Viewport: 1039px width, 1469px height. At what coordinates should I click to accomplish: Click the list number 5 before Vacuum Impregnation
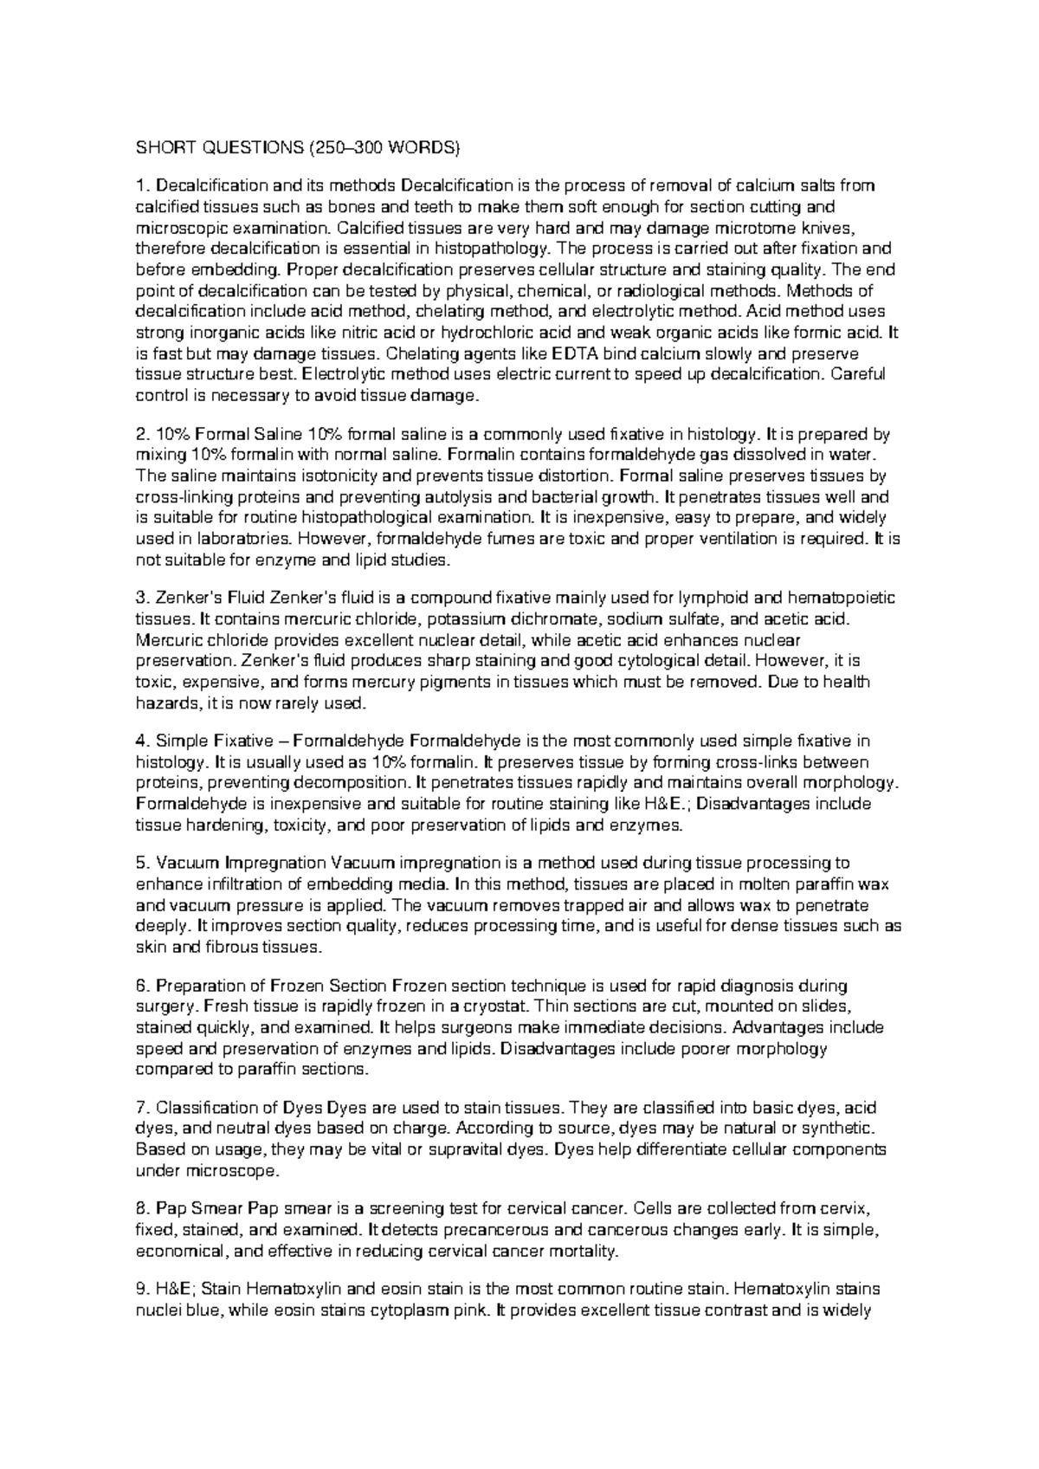(x=142, y=863)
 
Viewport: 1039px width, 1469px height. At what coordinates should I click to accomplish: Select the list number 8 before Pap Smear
(x=142, y=1208)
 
